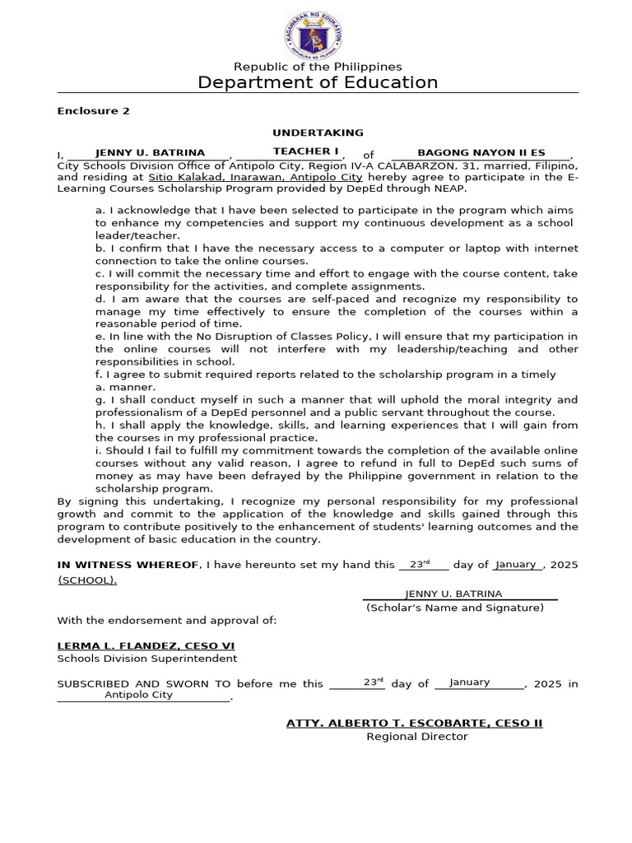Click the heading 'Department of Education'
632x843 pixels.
click(x=318, y=82)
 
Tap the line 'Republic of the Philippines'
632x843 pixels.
click(x=318, y=66)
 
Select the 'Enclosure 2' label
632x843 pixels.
click(x=93, y=110)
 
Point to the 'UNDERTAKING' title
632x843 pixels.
click(x=318, y=132)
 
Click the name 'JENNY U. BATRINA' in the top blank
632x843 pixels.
click(x=150, y=152)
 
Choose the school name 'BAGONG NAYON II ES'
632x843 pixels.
click(x=481, y=152)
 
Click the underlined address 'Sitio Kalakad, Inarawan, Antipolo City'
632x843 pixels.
click(x=255, y=177)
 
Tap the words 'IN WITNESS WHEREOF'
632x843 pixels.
click(x=128, y=565)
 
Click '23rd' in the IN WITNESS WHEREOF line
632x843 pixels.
click(x=421, y=564)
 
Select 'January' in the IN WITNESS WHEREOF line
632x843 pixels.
click(x=517, y=564)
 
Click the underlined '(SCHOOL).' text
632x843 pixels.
click(x=87, y=580)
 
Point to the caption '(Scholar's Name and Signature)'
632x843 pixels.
click(x=455, y=608)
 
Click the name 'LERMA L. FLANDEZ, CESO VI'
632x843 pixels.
click(x=146, y=645)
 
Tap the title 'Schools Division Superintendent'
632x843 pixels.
click(x=146, y=659)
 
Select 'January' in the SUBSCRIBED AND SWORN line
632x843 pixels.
click(x=470, y=682)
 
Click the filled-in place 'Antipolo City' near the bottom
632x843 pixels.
click(x=139, y=695)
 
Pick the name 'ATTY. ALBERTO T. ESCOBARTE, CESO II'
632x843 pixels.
click(x=414, y=723)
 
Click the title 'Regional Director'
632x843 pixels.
click(x=416, y=736)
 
